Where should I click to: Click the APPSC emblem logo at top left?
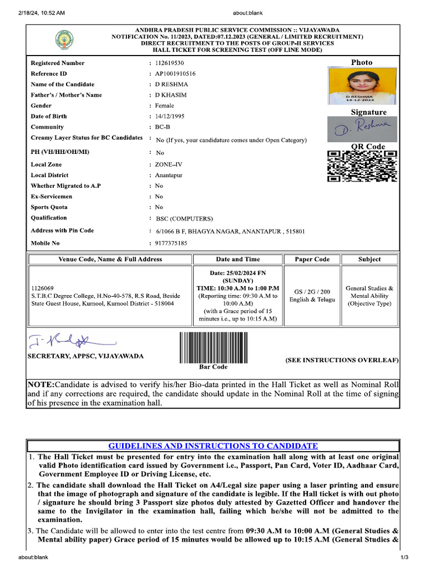click(x=63, y=40)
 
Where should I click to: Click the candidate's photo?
click(x=362, y=87)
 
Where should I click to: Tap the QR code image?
click(x=362, y=167)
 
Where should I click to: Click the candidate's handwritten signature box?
click(x=362, y=129)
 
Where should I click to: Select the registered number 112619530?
click(x=170, y=63)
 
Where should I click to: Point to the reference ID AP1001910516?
click(x=175, y=74)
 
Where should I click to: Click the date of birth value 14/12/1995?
click(x=170, y=116)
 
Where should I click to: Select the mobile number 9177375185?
click(x=171, y=243)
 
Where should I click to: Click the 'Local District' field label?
click(x=50, y=175)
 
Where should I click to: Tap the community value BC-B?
click(x=163, y=127)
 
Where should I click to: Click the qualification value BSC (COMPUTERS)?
click(x=184, y=218)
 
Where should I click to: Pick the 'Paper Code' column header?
click(x=312, y=259)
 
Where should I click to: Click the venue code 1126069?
click(x=43, y=288)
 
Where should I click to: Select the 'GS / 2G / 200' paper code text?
click(x=312, y=292)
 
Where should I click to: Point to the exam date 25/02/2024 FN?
click(x=237, y=272)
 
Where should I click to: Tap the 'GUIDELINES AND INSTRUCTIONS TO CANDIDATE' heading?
click(x=213, y=446)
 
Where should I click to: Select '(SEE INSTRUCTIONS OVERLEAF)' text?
click(x=342, y=360)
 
